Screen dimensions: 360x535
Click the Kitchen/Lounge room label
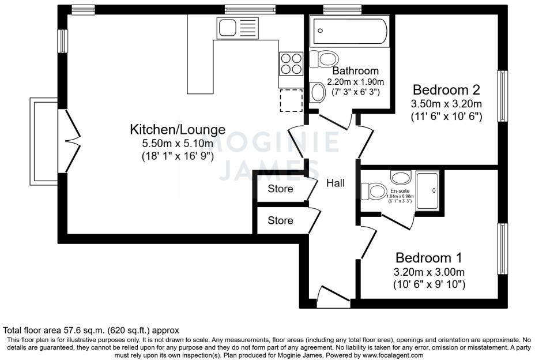point(177,129)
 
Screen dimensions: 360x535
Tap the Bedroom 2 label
point(446,90)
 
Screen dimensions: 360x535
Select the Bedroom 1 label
point(428,257)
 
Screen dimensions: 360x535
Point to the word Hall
point(336,183)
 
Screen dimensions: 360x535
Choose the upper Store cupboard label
point(280,189)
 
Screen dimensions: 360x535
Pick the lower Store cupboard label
point(280,220)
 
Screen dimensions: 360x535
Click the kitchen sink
point(238,27)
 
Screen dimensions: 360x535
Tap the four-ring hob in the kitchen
point(292,63)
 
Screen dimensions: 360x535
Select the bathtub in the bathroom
point(351,31)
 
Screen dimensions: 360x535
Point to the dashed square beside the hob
point(292,100)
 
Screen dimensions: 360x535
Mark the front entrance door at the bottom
point(333,294)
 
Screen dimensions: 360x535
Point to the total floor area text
point(91,331)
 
